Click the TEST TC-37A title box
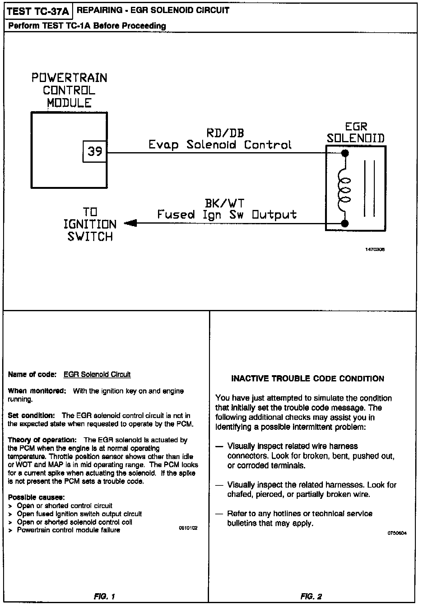coord(38,11)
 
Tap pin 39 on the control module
coord(95,151)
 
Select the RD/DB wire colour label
coord(225,133)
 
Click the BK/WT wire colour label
coord(225,203)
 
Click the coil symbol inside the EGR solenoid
coord(344,189)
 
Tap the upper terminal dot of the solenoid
coord(345,153)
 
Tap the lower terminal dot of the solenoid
coord(345,223)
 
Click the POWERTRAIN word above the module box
coord(69,78)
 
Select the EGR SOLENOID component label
coord(356,133)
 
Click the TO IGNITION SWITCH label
coord(90,225)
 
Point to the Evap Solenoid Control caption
coord(220,145)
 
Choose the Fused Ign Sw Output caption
coord(227,215)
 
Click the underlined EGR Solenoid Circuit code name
coord(97,375)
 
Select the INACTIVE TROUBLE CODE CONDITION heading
coord(308,379)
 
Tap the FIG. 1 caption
coord(105,596)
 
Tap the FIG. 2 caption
coord(311,596)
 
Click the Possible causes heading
coord(36,497)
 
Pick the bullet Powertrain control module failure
coord(68,530)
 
